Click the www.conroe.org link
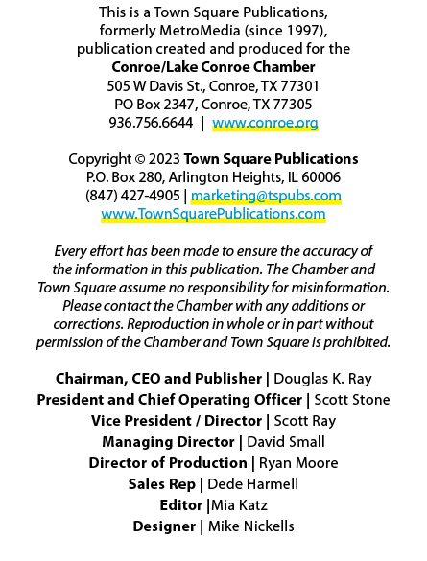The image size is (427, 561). (265, 123)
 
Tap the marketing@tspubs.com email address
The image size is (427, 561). (266, 196)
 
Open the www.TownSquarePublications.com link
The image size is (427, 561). (213, 214)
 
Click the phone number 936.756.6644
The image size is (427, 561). (151, 123)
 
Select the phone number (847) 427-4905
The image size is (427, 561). (132, 196)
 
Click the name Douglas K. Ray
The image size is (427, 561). (322, 379)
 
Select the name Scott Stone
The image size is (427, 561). (352, 400)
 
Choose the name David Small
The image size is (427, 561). (286, 442)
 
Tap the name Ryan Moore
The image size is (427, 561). (298, 463)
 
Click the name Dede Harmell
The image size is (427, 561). (252, 484)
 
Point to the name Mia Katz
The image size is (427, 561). (240, 505)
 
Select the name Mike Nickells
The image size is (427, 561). (250, 526)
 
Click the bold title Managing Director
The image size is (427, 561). (168, 443)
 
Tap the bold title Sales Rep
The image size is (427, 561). (162, 485)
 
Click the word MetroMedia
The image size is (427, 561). (200, 31)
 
